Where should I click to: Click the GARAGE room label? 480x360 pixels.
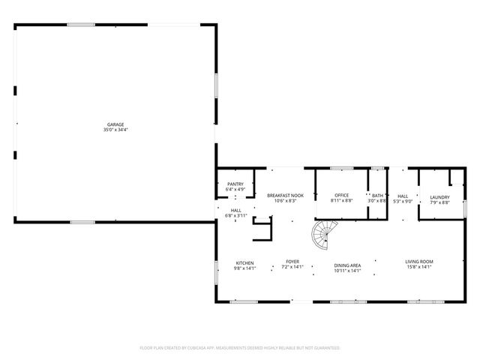115,124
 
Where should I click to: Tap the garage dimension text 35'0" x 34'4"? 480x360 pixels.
115,130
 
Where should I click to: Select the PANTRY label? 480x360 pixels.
235,184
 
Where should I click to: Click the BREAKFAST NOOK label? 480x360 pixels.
285,196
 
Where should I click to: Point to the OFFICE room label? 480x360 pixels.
342,196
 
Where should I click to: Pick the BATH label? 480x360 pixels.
377,196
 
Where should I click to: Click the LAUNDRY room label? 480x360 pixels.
439,196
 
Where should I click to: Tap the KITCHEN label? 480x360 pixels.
245,263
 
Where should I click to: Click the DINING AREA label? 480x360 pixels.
347,265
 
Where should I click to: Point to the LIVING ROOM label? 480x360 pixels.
420,262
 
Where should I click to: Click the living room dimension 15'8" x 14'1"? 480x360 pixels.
420,266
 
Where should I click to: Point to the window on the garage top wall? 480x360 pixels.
81,25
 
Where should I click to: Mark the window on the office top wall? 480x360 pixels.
342,168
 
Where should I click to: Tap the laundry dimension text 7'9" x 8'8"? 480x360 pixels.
439,202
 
